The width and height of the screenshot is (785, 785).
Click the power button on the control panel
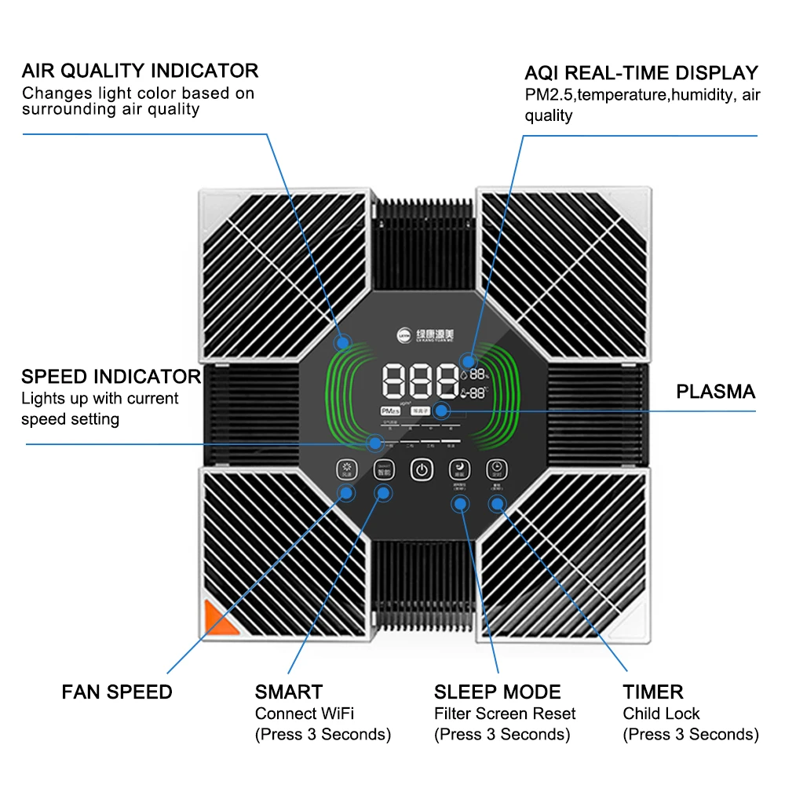(x=422, y=469)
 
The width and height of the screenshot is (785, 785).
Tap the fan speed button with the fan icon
(x=345, y=469)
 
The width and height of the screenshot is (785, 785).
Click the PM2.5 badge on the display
(x=389, y=411)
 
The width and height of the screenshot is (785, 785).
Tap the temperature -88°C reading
(x=477, y=395)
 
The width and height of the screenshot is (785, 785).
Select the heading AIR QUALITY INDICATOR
(x=140, y=71)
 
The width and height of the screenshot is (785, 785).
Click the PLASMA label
(x=715, y=392)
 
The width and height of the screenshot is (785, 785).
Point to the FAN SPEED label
(x=117, y=692)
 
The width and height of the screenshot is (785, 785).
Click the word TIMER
(x=653, y=692)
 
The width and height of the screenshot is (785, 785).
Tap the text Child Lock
(x=661, y=714)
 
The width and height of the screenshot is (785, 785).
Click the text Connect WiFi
(x=305, y=714)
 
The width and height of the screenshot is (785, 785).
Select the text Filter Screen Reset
(x=505, y=714)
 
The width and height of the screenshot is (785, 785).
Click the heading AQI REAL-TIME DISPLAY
(x=641, y=73)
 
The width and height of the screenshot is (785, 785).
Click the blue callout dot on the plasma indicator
(x=441, y=411)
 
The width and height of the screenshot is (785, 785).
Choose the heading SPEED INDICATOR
(x=111, y=376)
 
